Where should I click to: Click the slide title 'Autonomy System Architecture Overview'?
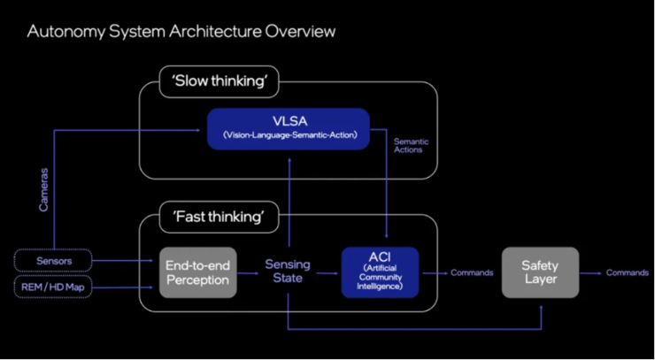pos(181,32)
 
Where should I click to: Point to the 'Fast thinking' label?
pos(219,215)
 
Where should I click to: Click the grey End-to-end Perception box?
pos(197,272)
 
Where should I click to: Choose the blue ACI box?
pos(380,272)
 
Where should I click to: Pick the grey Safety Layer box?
pos(540,272)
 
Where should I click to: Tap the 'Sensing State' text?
pos(287,272)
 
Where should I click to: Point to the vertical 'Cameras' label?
pos(43,191)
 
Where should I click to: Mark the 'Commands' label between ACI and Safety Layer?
pos(472,272)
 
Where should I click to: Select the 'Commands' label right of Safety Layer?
pos(628,272)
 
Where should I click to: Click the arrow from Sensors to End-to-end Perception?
pos(124,260)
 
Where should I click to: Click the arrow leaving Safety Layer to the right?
pos(591,272)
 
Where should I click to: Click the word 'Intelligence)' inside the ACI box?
pos(380,287)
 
